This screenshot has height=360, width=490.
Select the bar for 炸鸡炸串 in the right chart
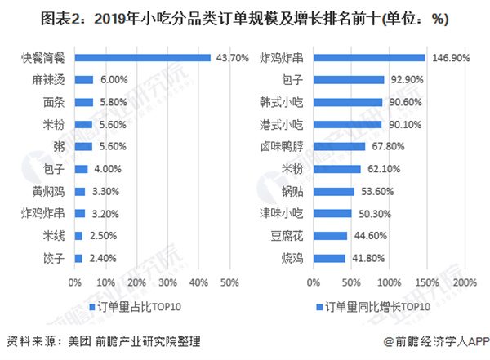pos(368,59)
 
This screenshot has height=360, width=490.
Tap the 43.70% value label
pos(230,59)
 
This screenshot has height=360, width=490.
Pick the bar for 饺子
pos(78,258)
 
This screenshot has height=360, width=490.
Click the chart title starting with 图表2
pos(245,19)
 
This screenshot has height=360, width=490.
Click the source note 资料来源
pos(102,341)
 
